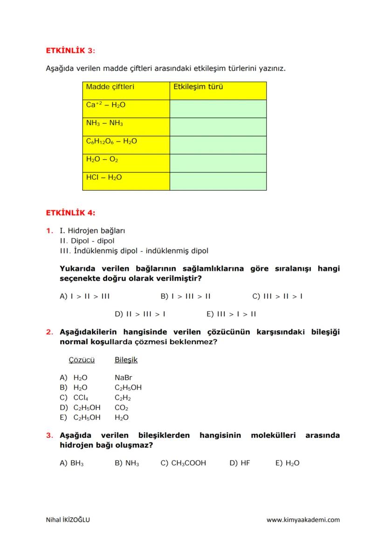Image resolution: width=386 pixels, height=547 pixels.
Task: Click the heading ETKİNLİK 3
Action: (70, 50)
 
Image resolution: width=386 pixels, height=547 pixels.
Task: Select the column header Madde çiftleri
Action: (110, 87)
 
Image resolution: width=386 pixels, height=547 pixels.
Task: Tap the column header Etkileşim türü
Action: (198, 87)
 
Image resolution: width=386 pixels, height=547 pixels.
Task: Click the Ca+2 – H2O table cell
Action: (106, 105)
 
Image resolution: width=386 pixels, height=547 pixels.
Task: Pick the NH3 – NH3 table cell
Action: (104, 123)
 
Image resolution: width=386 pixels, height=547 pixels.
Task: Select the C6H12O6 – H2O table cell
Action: (111, 141)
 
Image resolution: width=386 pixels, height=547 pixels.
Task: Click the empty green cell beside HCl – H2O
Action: (218, 181)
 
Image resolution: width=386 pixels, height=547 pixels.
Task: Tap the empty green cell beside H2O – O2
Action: (218, 163)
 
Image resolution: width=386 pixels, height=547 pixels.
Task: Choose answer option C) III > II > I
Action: (277, 296)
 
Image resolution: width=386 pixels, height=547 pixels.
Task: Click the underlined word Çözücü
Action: (82, 360)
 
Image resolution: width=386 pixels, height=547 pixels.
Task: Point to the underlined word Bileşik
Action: (126, 360)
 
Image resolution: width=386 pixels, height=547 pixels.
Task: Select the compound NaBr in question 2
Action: (124, 377)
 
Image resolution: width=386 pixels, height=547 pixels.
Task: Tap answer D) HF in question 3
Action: (240, 463)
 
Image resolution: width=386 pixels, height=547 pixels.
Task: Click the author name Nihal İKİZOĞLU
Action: (68, 520)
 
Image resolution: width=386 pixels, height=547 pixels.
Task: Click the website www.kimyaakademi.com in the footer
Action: (303, 520)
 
